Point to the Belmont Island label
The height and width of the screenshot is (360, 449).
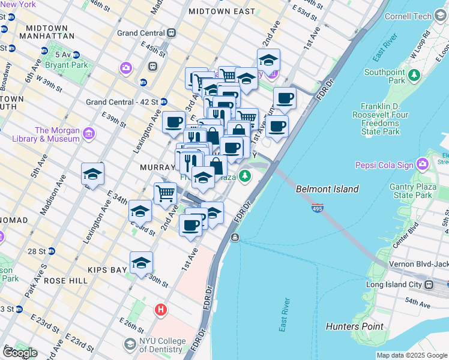click(327, 189)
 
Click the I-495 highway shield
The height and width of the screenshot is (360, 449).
click(318, 208)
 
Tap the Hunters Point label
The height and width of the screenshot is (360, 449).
click(354, 326)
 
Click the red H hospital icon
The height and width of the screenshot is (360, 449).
click(160, 310)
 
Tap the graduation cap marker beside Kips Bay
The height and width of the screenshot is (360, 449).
click(142, 263)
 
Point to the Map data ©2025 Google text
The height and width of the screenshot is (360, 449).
click(412, 355)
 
